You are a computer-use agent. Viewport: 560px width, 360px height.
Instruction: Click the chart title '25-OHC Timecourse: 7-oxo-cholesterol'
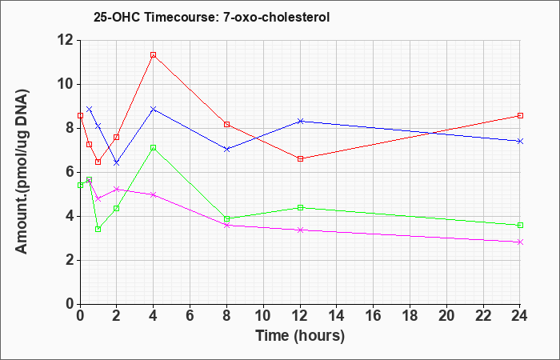click(211, 17)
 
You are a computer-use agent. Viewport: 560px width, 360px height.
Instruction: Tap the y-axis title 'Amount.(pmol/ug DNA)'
click(22, 172)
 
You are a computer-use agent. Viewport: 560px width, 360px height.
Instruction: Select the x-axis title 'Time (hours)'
click(300, 336)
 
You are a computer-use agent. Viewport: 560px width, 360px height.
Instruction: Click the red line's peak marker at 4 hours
click(154, 55)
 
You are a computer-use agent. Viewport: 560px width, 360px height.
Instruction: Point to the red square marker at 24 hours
click(520, 116)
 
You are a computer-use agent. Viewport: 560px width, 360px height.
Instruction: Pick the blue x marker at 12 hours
click(300, 122)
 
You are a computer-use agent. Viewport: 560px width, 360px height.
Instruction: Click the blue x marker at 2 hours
click(116, 163)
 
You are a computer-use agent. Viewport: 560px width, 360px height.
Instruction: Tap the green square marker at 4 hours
click(154, 147)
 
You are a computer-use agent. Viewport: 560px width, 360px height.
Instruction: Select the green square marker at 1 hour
click(98, 230)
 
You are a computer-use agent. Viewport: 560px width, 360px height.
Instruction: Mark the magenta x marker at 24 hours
click(520, 242)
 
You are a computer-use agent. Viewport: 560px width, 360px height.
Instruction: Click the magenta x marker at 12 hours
click(300, 230)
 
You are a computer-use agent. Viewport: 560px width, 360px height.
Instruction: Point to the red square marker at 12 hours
click(300, 159)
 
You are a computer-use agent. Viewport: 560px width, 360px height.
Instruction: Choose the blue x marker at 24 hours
click(520, 142)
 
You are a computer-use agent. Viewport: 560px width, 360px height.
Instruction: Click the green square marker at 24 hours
click(520, 226)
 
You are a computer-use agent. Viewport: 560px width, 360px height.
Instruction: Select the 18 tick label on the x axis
click(410, 316)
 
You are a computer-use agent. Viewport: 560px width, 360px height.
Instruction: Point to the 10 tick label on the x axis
click(263, 316)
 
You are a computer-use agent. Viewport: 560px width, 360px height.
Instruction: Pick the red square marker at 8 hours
click(226, 125)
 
